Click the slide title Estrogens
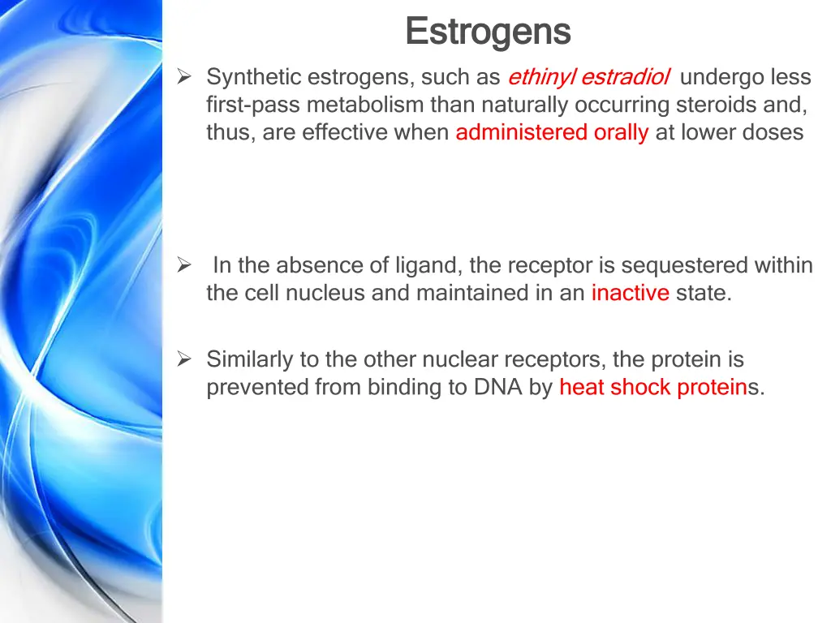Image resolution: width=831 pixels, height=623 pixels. pyautogui.click(x=488, y=32)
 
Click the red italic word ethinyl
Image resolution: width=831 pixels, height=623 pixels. pyautogui.click(x=541, y=77)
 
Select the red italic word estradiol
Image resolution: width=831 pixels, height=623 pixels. pyautogui.click(x=625, y=77)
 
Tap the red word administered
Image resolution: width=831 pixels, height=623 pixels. pyautogui.click(x=521, y=132)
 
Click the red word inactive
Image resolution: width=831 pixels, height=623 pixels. pyautogui.click(x=630, y=293)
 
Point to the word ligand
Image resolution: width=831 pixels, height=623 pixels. pyautogui.click(x=423, y=265)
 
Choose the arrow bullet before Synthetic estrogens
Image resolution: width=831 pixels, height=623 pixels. pyautogui.click(x=184, y=77)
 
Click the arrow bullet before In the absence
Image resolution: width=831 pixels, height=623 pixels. pyautogui.click(x=184, y=265)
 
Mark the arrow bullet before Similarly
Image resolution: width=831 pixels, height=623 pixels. pyautogui.click(x=184, y=359)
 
